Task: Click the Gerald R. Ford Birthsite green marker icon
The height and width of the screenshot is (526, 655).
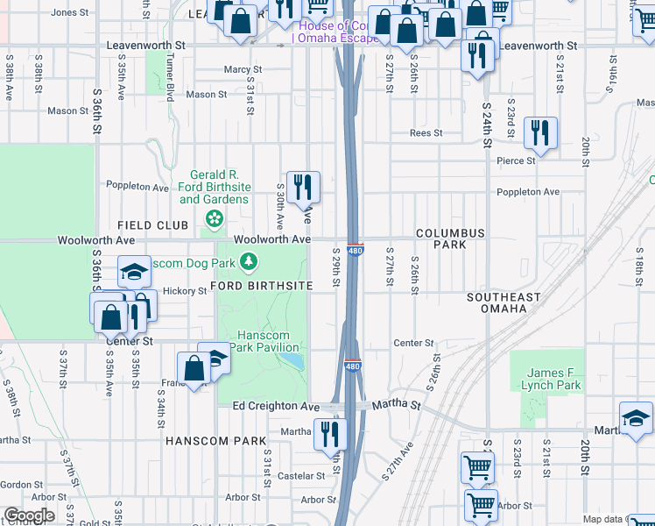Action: [x=213, y=217]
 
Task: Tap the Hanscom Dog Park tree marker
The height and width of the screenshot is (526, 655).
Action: [x=250, y=261]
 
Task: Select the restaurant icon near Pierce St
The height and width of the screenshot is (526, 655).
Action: [x=539, y=134]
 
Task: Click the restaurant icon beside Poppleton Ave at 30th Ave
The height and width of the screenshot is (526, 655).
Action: [x=303, y=186]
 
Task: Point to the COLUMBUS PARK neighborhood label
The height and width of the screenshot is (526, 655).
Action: [x=450, y=238]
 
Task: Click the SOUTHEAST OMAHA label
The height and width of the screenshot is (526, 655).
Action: [x=504, y=303]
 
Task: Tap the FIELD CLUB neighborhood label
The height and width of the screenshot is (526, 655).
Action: [x=154, y=225]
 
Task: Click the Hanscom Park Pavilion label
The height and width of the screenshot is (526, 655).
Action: [x=270, y=342]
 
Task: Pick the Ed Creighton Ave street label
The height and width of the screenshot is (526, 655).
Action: [x=276, y=407]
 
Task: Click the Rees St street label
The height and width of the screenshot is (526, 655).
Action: [x=426, y=133]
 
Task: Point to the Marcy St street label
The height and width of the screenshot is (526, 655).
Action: [x=243, y=69]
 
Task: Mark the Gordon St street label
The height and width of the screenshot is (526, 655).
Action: [x=22, y=485]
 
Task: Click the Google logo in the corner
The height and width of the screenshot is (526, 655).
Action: [x=29, y=515]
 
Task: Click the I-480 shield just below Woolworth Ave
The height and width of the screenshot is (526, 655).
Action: [x=355, y=252]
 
